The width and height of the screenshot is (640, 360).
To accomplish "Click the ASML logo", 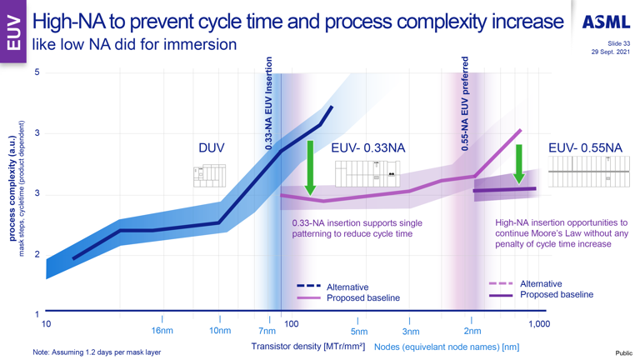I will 606,22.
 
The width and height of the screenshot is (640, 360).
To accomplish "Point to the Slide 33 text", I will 615,43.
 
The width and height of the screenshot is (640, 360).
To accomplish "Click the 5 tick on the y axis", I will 37,72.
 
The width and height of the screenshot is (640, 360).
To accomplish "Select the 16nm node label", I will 162,331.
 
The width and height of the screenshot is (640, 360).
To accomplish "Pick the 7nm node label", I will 267,331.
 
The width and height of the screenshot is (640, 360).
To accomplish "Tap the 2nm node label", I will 472,331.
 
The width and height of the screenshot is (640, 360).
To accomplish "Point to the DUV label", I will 211,147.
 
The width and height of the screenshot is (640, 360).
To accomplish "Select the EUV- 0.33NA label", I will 367,147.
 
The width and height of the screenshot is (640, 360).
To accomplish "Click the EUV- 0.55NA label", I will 585,147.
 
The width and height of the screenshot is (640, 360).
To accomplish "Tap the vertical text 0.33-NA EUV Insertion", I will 268,104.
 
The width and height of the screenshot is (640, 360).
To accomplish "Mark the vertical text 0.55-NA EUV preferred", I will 465,104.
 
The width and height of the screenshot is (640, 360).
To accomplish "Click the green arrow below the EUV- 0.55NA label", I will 519,163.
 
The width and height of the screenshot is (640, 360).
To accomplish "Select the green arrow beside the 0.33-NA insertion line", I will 310,167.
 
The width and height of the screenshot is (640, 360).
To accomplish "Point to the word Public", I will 624,353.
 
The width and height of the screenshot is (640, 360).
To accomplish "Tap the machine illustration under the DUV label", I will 209,175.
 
